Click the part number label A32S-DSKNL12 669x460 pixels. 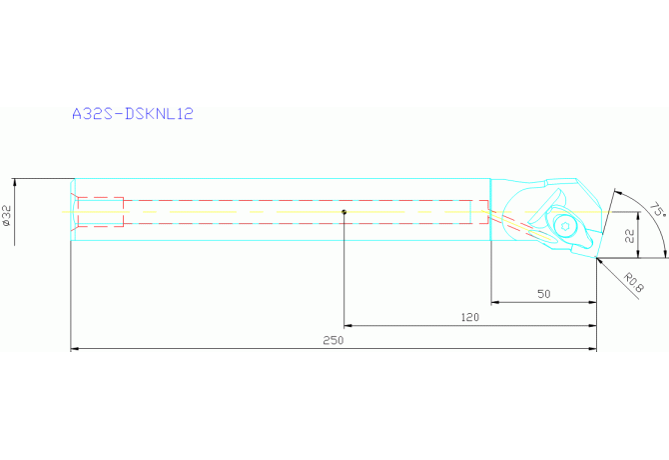(132, 114)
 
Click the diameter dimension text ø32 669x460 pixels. (9, 217)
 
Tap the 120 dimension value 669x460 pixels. (469, 317)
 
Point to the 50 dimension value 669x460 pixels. (544, 294)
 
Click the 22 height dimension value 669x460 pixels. (630, 236)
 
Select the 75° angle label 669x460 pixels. (656, 211)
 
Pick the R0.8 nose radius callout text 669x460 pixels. (632, 281)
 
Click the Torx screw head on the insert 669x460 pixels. (567, 226)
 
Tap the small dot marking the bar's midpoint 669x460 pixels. (343, 212)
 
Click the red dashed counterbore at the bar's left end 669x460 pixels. (100, 212)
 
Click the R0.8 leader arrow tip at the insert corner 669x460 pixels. (600, 260)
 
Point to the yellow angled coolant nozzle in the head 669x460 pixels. (519, 227)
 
